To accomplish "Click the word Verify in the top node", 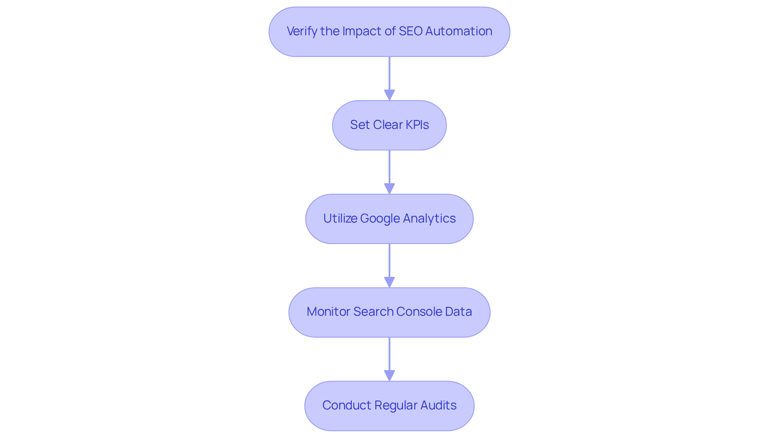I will click(x=302, y=31).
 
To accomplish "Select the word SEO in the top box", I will click(x=411, y=31).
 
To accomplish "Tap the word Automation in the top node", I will click(x=458, y=31).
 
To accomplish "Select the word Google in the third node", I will click(x=380, y=218).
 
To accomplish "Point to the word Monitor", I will click(x=328, y=312).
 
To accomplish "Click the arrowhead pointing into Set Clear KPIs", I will click(x=389, y=95).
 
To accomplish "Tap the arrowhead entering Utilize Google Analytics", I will click(x=389, y=189).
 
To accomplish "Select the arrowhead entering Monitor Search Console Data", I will click(x=389, y=283).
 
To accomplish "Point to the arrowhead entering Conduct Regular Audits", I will click(x=389, y=376).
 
